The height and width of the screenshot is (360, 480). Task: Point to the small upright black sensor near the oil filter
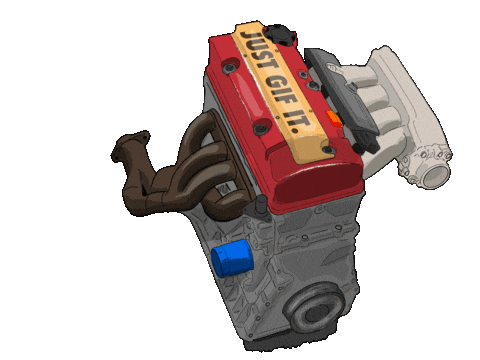(262, 207)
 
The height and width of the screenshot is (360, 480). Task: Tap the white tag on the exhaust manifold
(229, 191)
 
